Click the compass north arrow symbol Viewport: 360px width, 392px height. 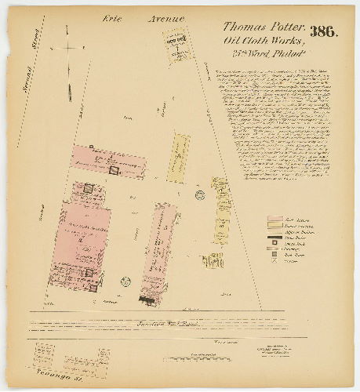(69, 49)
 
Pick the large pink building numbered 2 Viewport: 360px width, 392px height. (78, 235)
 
